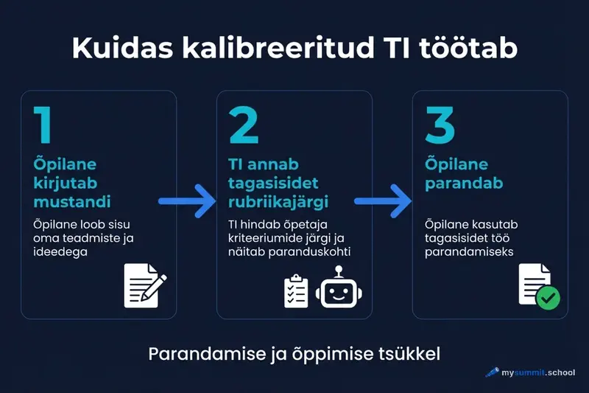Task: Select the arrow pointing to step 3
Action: [x=382, y=201]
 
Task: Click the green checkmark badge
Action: [x=547, y=298]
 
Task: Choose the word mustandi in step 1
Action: [x=71, y=201]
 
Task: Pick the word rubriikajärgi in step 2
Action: [x=281, y=201]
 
